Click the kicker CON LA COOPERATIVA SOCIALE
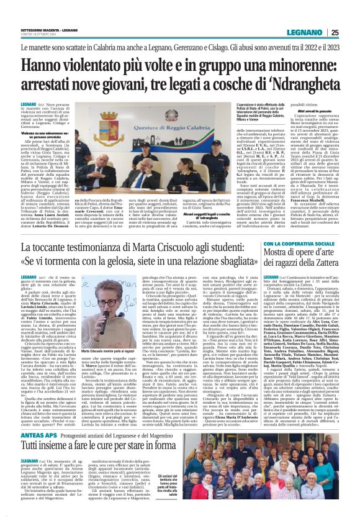tap(297, 245)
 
